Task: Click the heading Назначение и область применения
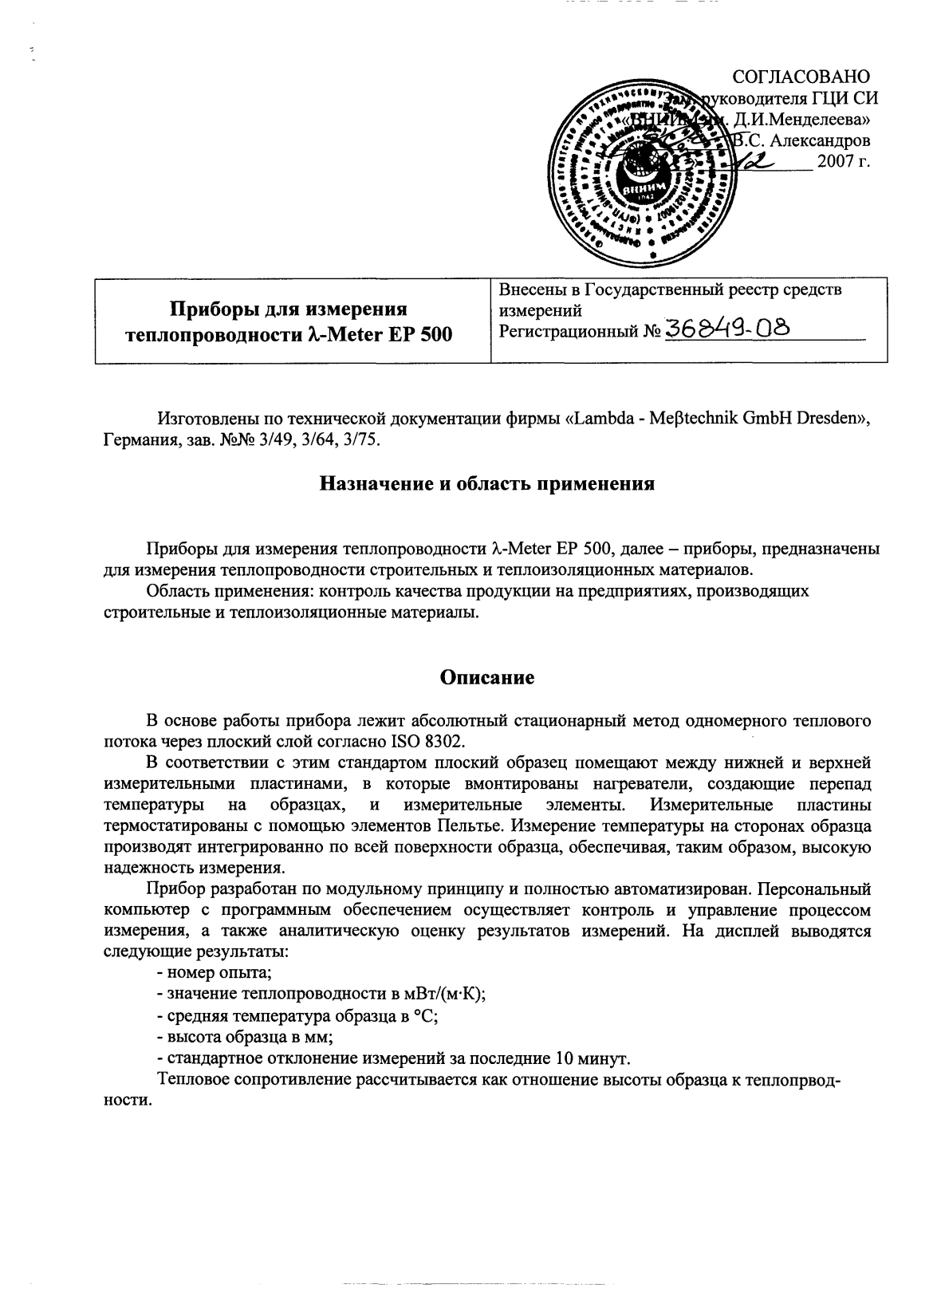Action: (x=487, y=483)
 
